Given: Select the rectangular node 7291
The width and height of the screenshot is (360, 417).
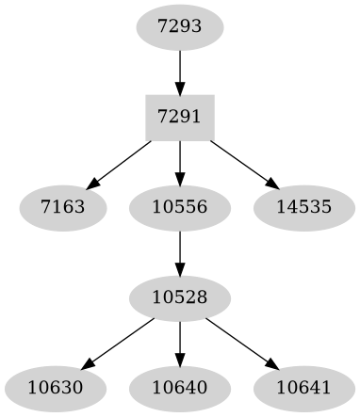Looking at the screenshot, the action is click(179, 116).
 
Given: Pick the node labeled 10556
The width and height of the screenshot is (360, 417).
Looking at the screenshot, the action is click(179, 206).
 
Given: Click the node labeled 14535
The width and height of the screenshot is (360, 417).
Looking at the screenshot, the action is click(304, 206).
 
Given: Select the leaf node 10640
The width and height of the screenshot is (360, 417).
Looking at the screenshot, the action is click(179, 388).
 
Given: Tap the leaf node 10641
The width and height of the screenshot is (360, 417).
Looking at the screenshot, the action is click(304, 388).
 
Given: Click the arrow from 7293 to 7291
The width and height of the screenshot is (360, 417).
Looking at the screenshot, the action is click(179, 70).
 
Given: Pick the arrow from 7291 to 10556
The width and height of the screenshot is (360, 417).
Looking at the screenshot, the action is click(179, 161).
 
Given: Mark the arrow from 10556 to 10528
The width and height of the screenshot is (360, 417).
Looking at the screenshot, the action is click(179, 251).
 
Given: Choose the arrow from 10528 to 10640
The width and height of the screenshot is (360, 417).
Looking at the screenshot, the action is click(179, 343).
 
